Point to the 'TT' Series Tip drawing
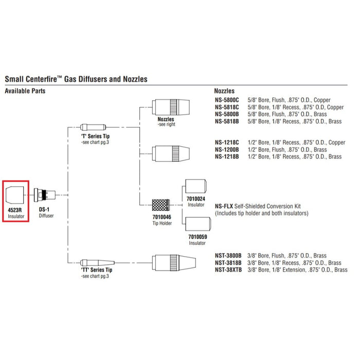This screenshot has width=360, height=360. (x=97, y=261)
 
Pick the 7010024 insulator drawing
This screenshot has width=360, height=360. (x=195, y=188)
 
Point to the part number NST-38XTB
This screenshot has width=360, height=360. (x=227, y=270)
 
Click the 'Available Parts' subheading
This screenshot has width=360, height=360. (x=25, y=91)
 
